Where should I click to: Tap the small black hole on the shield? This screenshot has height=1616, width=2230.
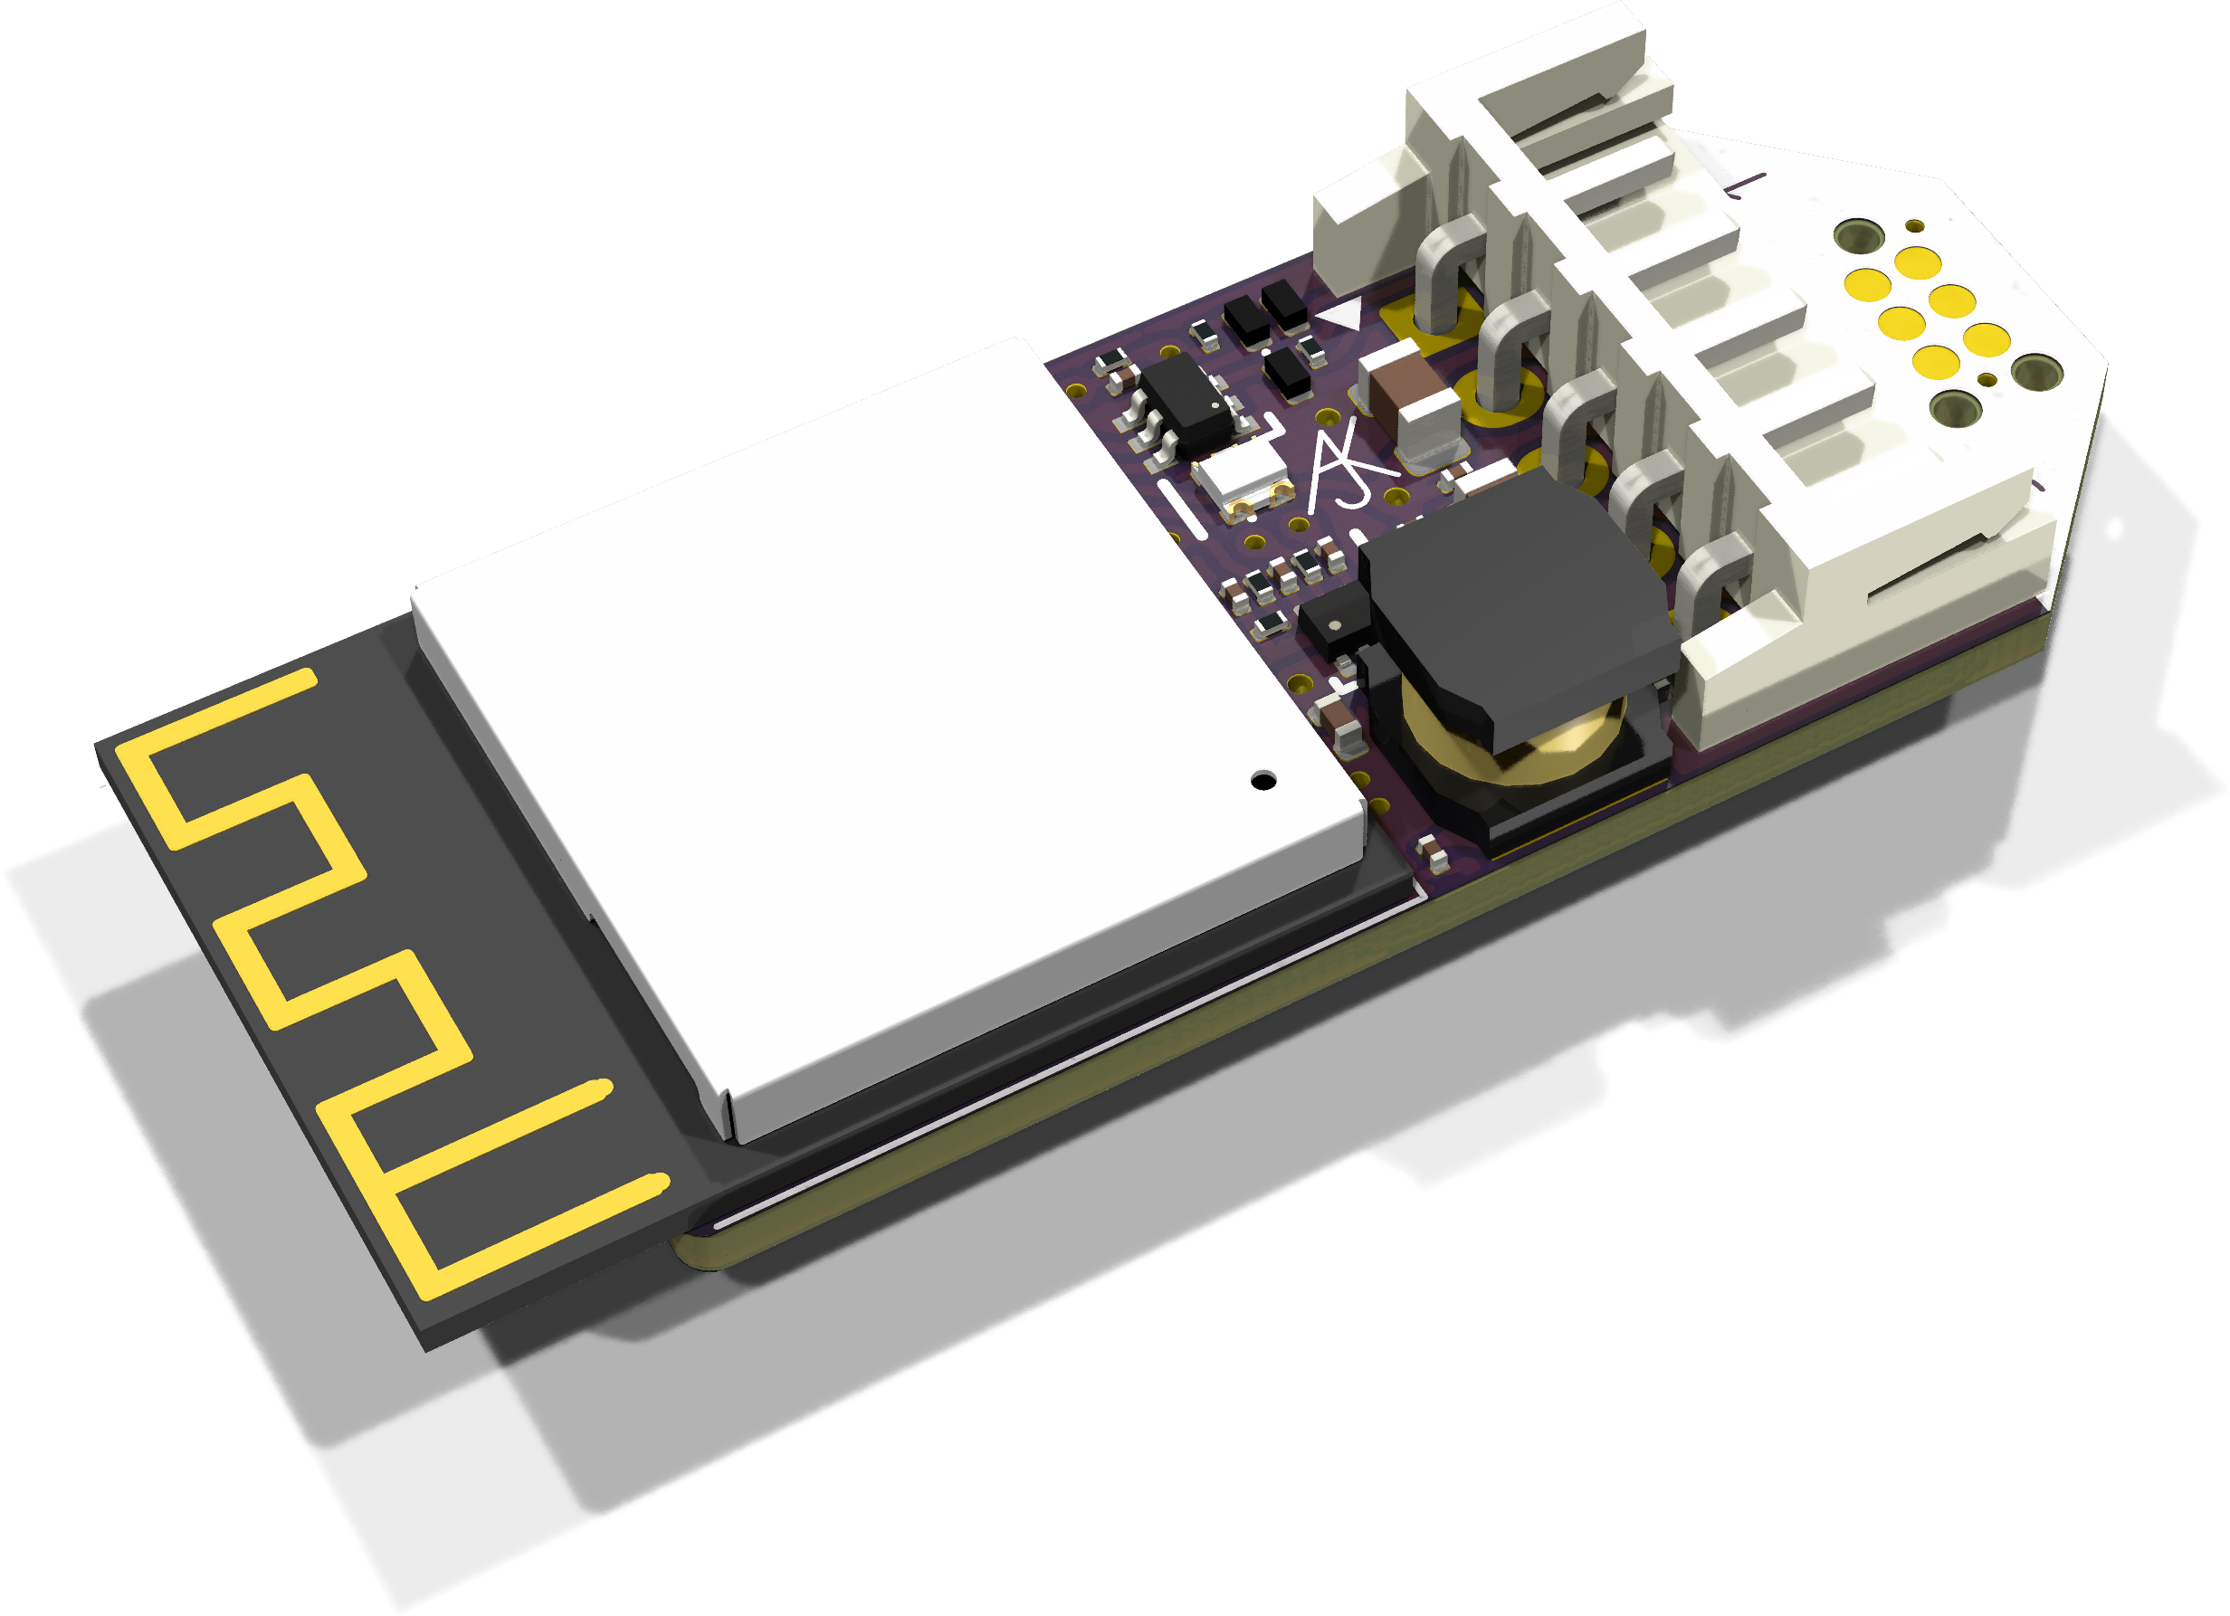coord(1263,781)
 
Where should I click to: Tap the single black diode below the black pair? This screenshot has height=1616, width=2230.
coord(1289,373)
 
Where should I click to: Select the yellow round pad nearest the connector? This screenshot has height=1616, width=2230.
coord(1867,285)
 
